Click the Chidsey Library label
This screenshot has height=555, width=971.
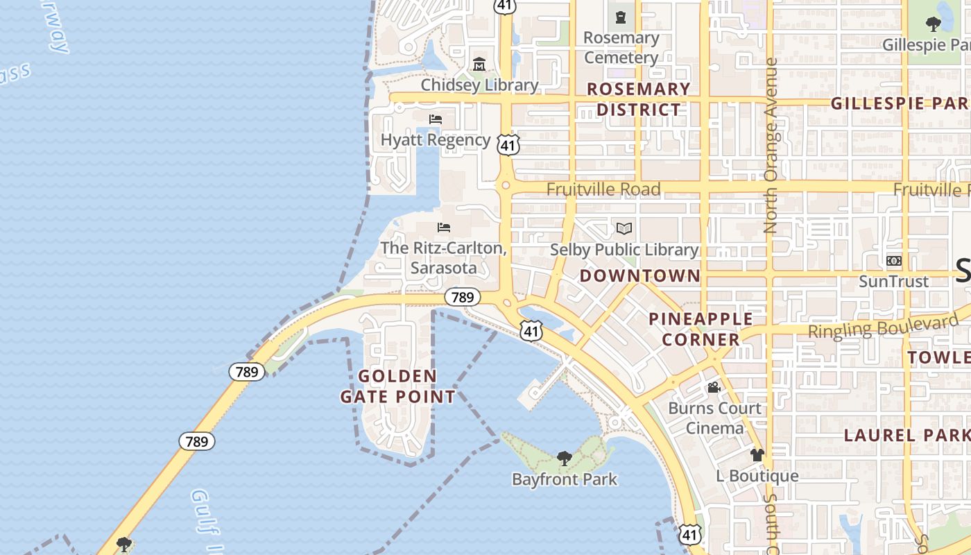click(x=479, y=85)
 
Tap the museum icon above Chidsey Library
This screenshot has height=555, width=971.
click(x=479, y=65)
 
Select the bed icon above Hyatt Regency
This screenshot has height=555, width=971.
click(x=436, y=119)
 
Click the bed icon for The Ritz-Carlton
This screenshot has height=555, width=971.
click(x=444, y=228)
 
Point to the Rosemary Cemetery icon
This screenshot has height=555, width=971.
click(x=621, y=17)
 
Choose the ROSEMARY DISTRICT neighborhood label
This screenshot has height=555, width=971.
click(x=639, y=99)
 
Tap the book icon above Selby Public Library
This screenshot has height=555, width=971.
click(x=624, y=228)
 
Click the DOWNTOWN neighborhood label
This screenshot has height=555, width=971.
click(x=640, y=275)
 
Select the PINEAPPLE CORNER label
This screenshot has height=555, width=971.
click(x=701, y=329)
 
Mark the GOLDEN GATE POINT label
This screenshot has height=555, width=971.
click(x=398, y=386)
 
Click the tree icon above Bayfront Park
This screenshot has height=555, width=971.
click(x=565, y=459)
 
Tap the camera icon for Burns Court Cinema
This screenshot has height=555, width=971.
click(x=714, y=387)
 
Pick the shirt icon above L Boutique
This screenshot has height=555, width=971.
click(x=757, y=455)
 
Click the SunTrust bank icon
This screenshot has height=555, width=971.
click(x=894, y=261)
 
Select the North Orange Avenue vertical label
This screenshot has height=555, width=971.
click(x=771, y=145)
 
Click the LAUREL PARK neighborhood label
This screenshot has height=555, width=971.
click(x=906, y=435)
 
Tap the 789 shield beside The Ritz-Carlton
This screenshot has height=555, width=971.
click(x=462, y=297)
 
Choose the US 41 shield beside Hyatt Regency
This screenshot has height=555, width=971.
click(x=508, y=144)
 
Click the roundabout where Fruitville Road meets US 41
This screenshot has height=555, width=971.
click(x=506, y=185)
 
